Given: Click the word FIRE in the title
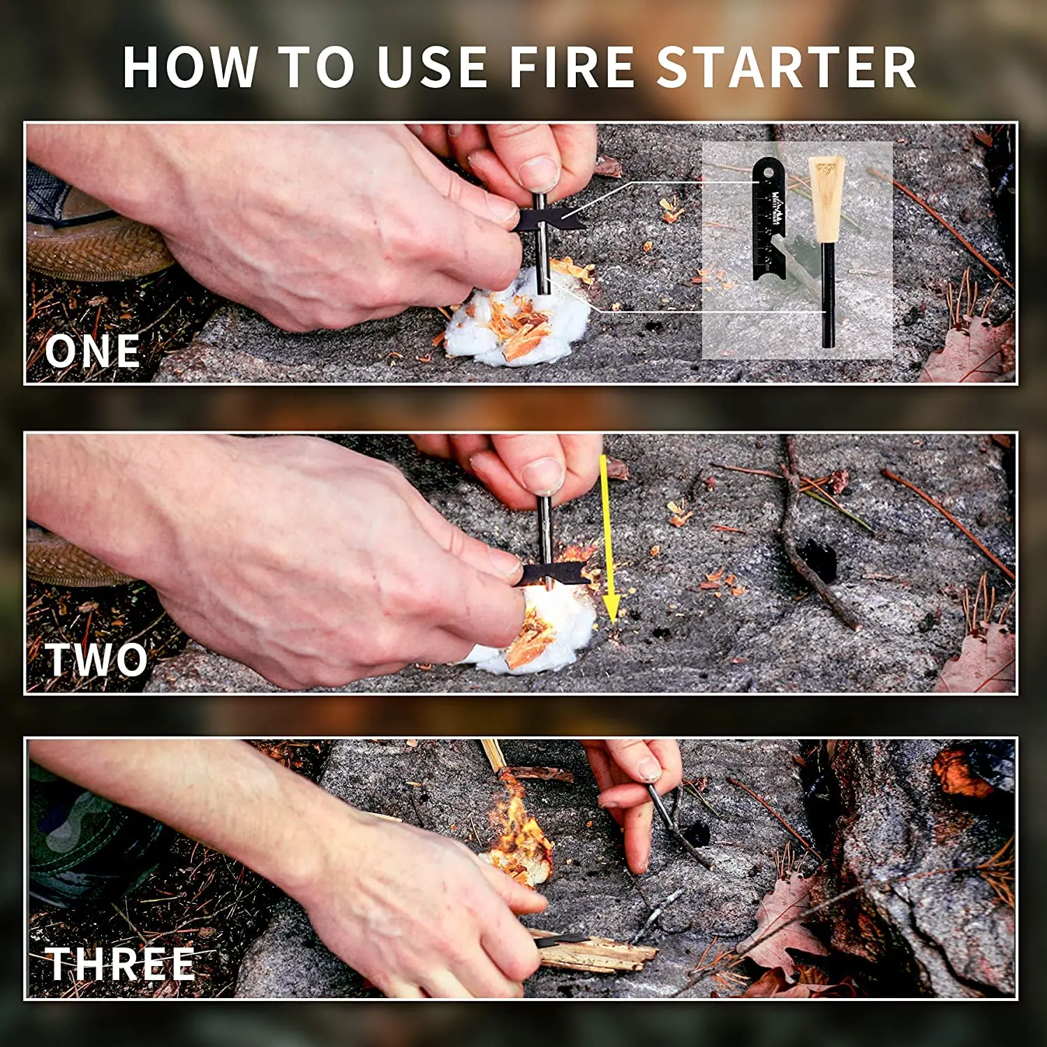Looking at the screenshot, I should click(x=572, y=68).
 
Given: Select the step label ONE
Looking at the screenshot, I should click(x=92, y=351).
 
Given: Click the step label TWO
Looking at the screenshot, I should click(x=96, y=660).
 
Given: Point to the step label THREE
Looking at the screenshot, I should click(x=119, y=965).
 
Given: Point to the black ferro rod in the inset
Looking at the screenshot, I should click(x=828, y=293).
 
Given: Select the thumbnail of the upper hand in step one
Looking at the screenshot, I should click(x=539, y=170).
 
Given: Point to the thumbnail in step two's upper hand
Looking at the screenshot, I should click(x=543, y=475).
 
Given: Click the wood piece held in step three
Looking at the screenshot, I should click(x=593, y=953).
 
